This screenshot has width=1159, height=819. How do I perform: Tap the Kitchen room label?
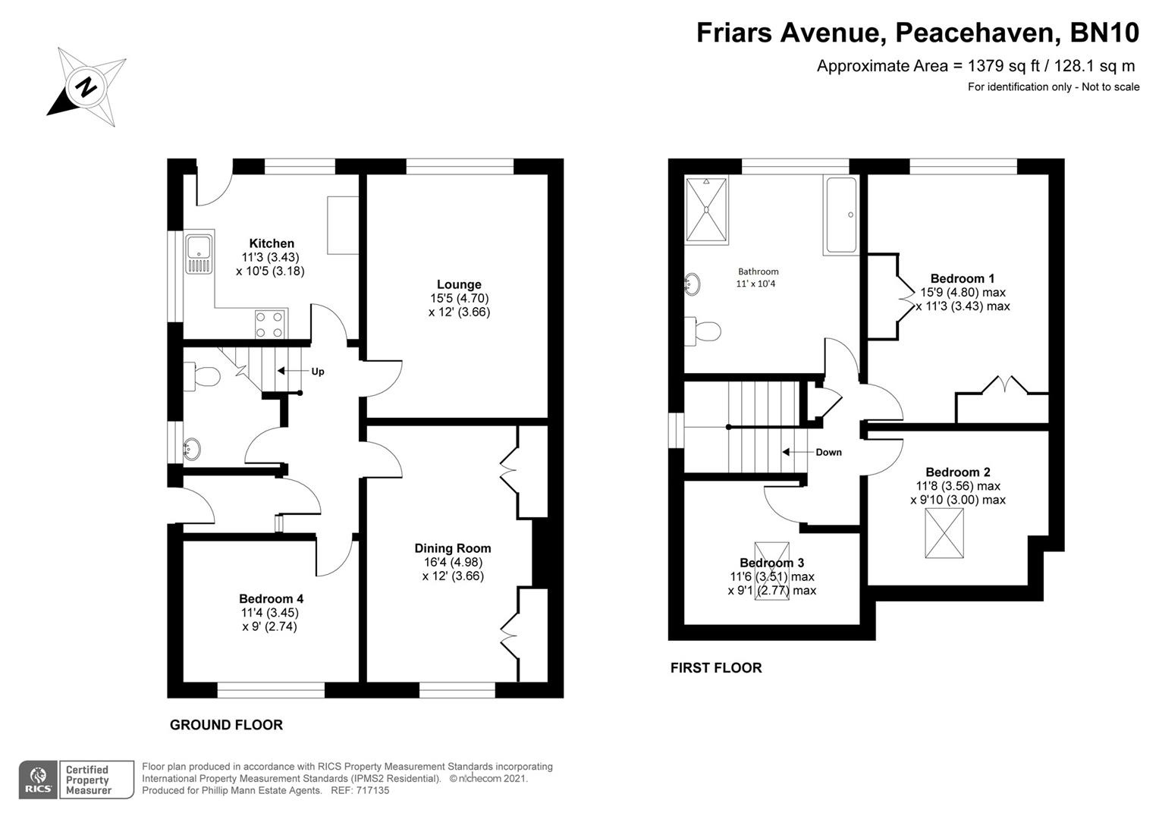click(272, 243)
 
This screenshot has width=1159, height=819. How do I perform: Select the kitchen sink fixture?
click(199, 254)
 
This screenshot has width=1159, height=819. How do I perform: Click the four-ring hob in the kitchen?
click(271, 324)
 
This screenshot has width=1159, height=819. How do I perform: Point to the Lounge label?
click(459, 284)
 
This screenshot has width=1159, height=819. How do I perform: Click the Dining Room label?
click(453, 548)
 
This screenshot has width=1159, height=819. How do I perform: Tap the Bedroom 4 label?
click(271, 598)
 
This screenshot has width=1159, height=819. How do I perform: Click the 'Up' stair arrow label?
click(317, 372)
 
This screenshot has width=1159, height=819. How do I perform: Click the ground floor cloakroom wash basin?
click(191, 449)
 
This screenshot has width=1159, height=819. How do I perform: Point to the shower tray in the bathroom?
click(706, 209)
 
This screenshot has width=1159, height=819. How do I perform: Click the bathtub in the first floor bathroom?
click(840, 215)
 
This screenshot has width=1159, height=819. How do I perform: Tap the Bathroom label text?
click(758, 271)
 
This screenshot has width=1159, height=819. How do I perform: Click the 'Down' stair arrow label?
click(828, 452)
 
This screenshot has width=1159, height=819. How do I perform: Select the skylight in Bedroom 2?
click(944, 533)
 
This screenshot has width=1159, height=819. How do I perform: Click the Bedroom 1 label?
click(963, 278)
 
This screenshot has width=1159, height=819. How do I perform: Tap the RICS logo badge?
click(38, 780)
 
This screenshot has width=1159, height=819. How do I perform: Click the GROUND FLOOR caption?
click(226, 725)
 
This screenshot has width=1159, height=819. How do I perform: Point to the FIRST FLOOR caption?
click(716, 668)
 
